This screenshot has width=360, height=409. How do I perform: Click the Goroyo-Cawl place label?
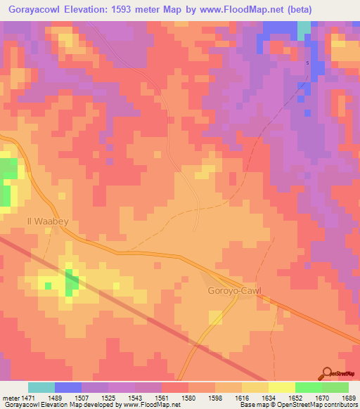click(233, 291)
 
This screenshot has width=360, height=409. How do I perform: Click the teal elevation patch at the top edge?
click(304, 30)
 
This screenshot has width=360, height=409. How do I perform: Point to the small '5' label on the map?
click(307, 64)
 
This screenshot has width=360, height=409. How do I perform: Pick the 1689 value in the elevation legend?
click(347, 398)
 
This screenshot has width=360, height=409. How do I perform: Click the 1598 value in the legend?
click(214, 398)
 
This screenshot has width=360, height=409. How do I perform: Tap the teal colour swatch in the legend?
click(41, 387)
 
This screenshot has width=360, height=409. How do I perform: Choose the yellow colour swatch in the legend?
click(281, 387)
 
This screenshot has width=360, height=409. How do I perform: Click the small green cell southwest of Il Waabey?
click(48, 285)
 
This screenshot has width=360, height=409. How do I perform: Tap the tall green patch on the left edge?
click(8, 182)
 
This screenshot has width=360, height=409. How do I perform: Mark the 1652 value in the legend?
click(294, 398)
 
